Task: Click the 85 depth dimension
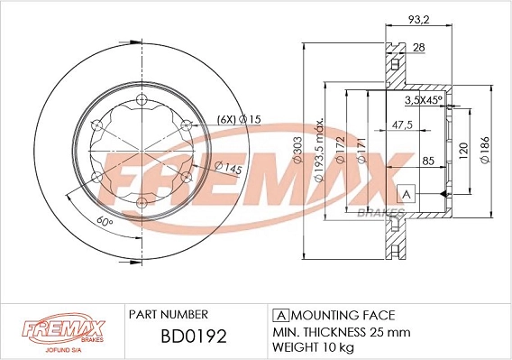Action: [429, 162]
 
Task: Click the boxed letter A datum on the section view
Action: [406, 194]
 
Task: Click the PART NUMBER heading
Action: [169, 314]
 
